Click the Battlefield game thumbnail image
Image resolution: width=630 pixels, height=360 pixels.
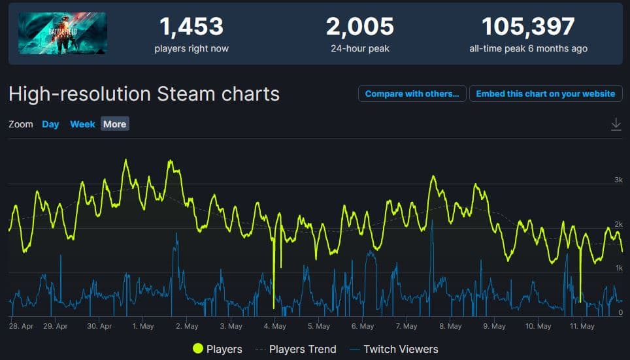click(62, 33)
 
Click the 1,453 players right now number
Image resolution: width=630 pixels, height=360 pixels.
click(191, 27)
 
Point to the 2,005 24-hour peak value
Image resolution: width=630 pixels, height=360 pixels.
click(360, 27)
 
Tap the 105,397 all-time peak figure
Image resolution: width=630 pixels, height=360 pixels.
click(528, 27)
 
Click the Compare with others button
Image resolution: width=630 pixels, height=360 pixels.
click(412, 93)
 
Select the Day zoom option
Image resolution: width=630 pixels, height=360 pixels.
click(50, 124)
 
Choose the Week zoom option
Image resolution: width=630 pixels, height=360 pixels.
click(82, 124)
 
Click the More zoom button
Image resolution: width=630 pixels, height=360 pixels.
click(114, 124)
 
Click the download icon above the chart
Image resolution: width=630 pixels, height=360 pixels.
click(616, 124)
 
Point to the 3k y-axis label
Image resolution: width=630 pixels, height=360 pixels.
click(618, 180)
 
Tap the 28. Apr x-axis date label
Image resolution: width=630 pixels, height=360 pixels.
click(22, 326)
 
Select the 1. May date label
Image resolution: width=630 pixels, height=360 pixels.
click(142, 326)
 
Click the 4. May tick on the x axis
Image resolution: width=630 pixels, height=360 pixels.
click(274, 326)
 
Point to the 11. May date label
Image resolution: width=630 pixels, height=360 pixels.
click(581, 326)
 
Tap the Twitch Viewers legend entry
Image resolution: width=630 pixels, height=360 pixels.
click(401, 349)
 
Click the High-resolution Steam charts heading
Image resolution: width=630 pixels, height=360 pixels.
click(144, 93)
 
